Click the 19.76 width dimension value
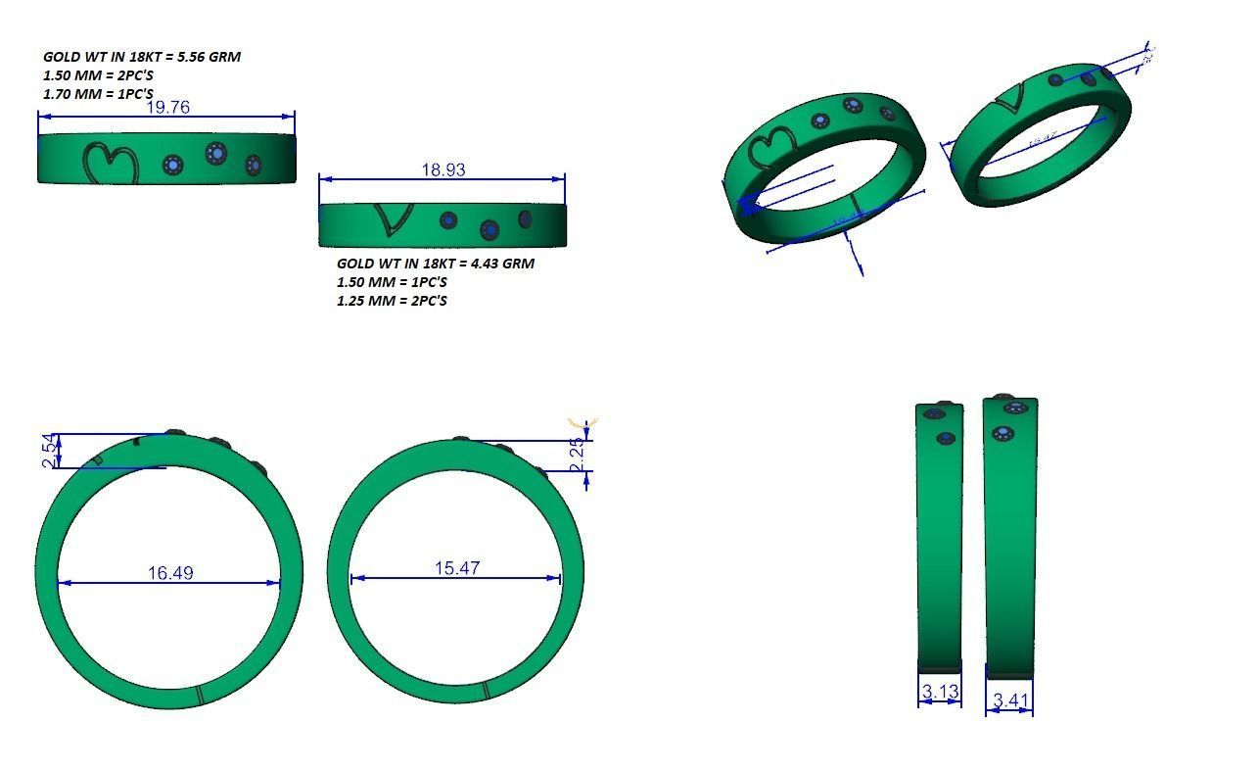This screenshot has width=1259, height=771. (167, 107)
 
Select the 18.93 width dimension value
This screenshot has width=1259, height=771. (443, 169)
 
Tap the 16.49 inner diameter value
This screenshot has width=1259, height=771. (170, 572)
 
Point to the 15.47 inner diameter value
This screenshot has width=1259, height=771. (457, 567)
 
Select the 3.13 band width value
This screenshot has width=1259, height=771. (940, 692)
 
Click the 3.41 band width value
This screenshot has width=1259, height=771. (1009, 699)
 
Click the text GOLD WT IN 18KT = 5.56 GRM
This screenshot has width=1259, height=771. (142, 57)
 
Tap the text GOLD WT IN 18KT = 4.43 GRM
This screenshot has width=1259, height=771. (436, 263)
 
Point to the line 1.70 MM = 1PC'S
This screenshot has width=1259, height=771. (98, 94)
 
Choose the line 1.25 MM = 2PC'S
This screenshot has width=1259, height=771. (392, 300)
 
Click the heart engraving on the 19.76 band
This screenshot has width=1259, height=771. (110, 164)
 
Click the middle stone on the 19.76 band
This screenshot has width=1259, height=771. (215, 153)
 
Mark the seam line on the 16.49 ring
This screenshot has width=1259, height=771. (200, 695)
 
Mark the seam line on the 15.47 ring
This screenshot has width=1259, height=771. (486, 691)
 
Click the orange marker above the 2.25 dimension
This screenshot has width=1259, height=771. (584, 422)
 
